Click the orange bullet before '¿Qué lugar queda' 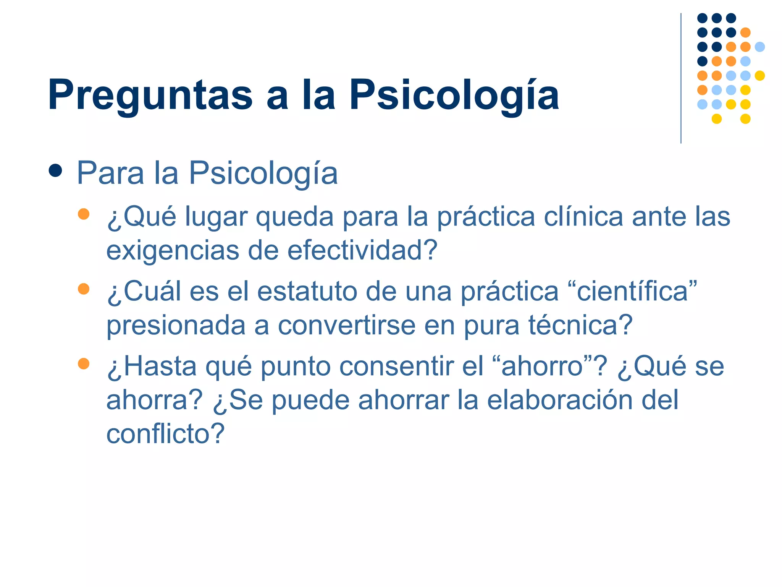click(83, 214)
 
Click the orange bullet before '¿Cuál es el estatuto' click(83, 289)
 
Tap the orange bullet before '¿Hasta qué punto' click(83, 363)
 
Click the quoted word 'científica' click(632, 292)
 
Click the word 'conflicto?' click(165, 434)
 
